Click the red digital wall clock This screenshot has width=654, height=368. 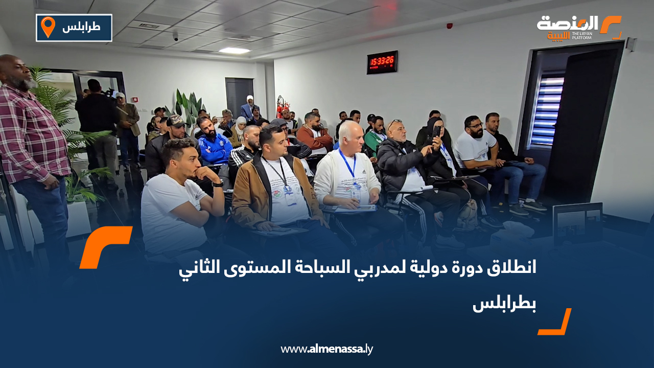(382, 62)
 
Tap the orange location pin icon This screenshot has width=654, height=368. (48, 27)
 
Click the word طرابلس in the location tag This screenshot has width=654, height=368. (81, 28)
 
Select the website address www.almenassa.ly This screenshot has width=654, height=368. (326, 349)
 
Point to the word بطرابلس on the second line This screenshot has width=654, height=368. (504, 305)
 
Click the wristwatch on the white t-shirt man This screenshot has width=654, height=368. (218, 183)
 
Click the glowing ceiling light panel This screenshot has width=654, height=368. (234, 51)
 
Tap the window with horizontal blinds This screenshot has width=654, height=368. (547, 110)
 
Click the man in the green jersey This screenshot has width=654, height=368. (376, 136)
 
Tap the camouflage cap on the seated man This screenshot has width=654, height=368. (176, 121)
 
